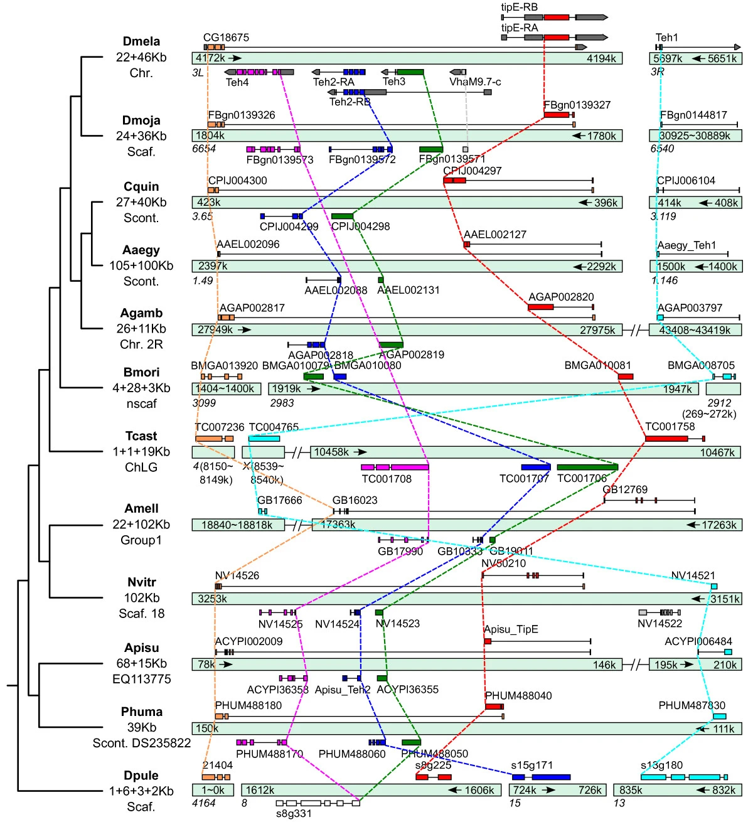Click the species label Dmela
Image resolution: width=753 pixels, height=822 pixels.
point(141,42)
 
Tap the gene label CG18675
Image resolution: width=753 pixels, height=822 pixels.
point(226,38)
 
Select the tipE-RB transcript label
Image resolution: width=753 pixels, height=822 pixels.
point(519,8)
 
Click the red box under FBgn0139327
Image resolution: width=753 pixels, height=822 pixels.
point(557,115)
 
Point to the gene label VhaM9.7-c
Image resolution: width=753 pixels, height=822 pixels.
point(475,82)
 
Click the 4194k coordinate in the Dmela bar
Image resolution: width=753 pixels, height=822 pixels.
point(601,58)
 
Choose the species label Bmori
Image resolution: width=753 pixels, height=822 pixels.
point(141,372)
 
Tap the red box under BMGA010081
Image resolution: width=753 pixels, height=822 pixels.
point(626,376)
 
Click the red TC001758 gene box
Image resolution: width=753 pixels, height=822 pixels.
point(666,438)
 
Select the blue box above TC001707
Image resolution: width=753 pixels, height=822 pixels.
point(536,467)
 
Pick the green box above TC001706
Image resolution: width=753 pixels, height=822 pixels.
point(587,467)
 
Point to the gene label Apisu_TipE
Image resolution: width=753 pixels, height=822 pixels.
point(511,629)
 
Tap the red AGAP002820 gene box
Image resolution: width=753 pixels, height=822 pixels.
point(540,307)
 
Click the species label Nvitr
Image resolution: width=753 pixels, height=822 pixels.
point(141,582)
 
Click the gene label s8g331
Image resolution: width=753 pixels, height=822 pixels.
point(294,814)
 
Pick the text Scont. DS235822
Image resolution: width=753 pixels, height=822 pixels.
point(141,743)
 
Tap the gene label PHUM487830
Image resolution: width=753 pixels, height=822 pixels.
point(692,705)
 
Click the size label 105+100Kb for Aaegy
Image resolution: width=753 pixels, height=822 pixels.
point(141,265)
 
